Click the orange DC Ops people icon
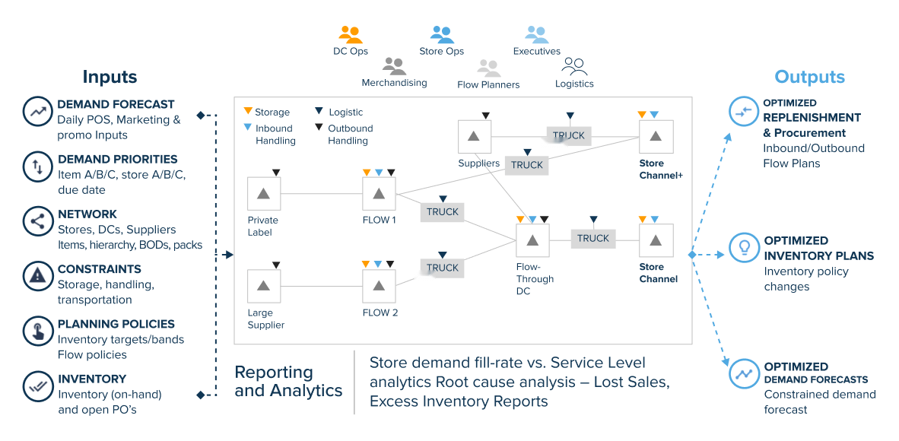point(350,35)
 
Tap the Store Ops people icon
point(442,35)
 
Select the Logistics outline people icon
point(573,67)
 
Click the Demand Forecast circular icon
point(37,111)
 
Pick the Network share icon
point(37,221)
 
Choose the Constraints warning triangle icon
point(37,276)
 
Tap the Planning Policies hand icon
point(37,331)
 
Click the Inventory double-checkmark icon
point(37,385)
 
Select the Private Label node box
point(264,194)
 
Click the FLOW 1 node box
point(379,194)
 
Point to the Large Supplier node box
point(264,286)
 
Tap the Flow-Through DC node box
point(532,240)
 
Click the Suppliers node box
point(474,136)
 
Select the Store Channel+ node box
point(655,136)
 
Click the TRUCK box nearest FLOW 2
point(442,268)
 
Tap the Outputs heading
point(809,77)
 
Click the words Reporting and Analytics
point(288,382)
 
